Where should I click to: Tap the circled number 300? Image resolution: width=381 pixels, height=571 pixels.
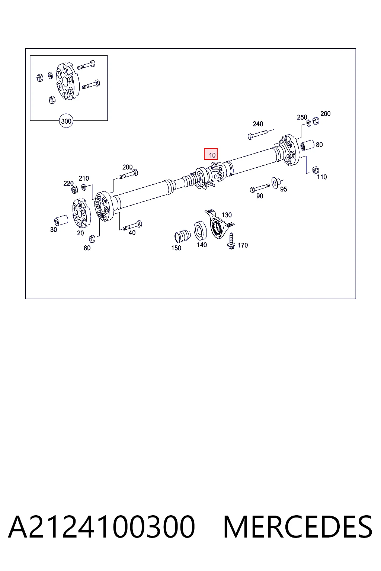coord(66,121)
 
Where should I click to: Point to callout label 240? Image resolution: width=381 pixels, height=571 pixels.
coord(258,124)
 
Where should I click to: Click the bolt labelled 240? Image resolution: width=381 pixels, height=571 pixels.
coord(257,134)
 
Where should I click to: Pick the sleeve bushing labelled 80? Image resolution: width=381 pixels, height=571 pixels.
coord(307,145)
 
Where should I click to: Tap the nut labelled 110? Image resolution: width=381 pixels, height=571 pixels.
coord(316,170)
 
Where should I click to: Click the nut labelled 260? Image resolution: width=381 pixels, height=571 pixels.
coord(316,120)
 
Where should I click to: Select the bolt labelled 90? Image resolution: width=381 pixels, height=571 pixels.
coord(260,188)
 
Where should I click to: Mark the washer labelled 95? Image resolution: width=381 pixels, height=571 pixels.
coord(276,183)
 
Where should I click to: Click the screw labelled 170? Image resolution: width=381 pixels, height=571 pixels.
coord(231,241)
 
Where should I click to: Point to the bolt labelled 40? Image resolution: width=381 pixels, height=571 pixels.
coord(132,226)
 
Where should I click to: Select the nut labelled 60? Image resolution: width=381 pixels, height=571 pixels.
coord(92,239)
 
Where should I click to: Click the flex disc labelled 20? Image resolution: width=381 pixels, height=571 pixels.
coord(81,213)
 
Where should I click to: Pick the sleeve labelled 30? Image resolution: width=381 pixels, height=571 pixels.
coord(61,220)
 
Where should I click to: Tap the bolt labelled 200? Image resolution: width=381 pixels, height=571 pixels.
coord(128,174)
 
